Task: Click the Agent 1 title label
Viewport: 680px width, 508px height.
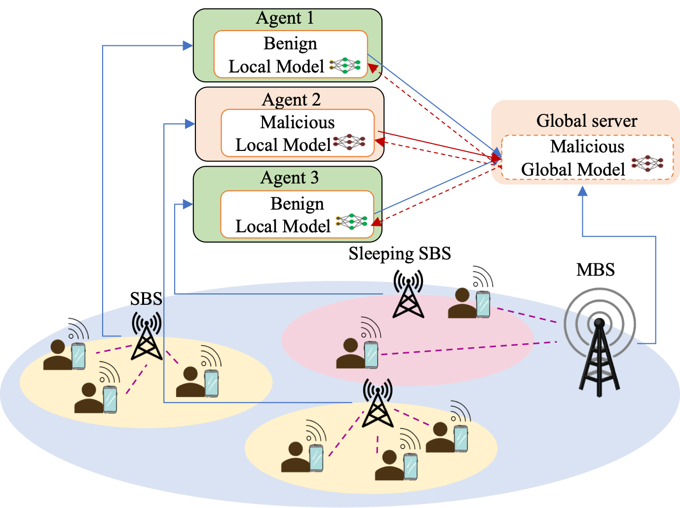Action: pyautogui.click(x=285, y=18)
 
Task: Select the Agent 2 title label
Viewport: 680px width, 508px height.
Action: pyautogui.click(x=291, y=100)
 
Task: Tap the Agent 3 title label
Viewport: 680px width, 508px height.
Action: pyautogui.click(x=289, y=178)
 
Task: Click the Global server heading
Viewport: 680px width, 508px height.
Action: pyautogui.click(x=586, y=121)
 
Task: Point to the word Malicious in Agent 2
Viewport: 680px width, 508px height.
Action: pyautogui.click(x=297, y=122)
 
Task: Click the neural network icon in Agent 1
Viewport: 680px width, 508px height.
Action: pyautogui.click(x=345, y=66)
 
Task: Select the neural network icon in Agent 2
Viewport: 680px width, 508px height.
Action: pyautogui.click(x=349, y=142)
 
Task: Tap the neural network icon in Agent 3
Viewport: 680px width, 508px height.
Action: pyautogui.click(x=351, y=222)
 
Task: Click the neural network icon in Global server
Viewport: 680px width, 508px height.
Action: pyautogui.click(x=647, y=163)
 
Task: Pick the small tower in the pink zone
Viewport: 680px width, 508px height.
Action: pyautogui.click(x=408, y=300)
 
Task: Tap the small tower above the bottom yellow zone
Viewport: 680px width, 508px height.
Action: pyautogui.click(x=378, y=403)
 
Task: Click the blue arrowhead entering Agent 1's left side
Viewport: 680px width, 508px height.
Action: pyautogui.click(x=188, y=46)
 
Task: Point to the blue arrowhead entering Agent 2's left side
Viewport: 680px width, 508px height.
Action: pyautogui.click(x=189, y=124)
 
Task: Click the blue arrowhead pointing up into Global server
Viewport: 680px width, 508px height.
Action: pyautogui.click(x=583, y=191)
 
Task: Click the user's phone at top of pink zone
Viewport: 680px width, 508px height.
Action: pyautogui.click(x=483, y=304)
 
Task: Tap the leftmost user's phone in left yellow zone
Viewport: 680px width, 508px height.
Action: pyautogui.click(x=78, y=356)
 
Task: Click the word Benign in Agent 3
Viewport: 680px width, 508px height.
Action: pyautogui.click(x=297, y=204)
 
